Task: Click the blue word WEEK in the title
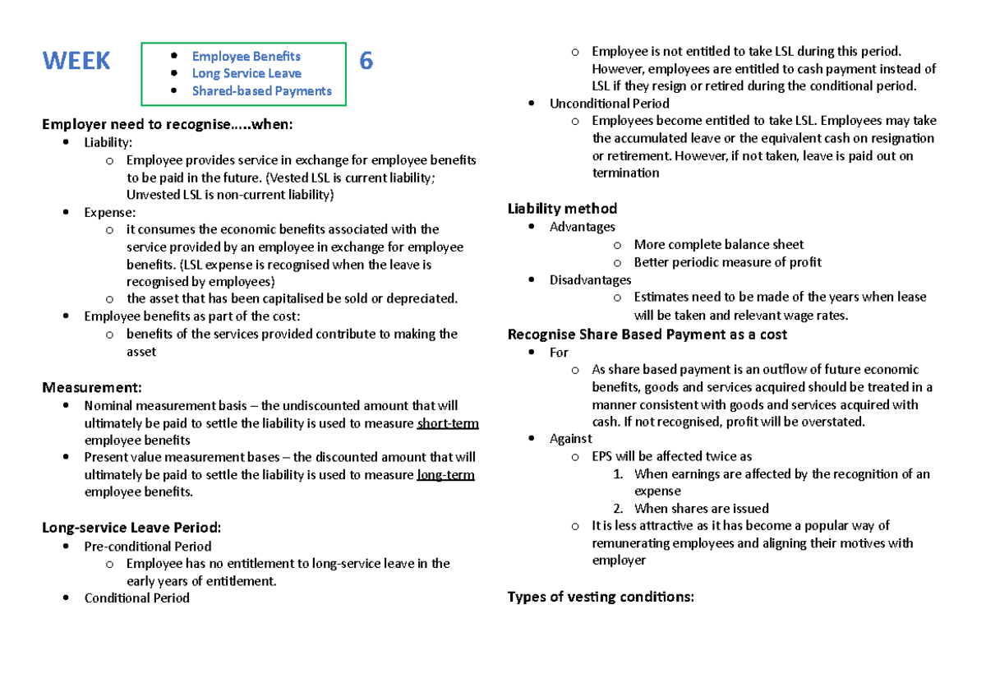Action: [76, 61]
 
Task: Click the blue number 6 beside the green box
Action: [366, 61]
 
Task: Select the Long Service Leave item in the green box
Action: [246, 73]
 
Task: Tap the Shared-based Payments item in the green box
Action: [261, 90]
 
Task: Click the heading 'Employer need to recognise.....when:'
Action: [167, 124]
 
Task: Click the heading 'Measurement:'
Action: [92, 387]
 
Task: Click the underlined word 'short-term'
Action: [448, 423]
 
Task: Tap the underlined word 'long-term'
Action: [445, 475]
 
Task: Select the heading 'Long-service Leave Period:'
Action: [131, 528]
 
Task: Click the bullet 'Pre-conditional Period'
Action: [148, 546]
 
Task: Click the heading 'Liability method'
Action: [562, 209]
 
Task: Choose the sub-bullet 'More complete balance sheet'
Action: [718, 244]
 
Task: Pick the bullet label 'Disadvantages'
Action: [590, 279]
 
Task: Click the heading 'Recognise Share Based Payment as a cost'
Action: [647, 335]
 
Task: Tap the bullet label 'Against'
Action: [570, 439]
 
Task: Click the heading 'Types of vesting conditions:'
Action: [601, 597]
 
